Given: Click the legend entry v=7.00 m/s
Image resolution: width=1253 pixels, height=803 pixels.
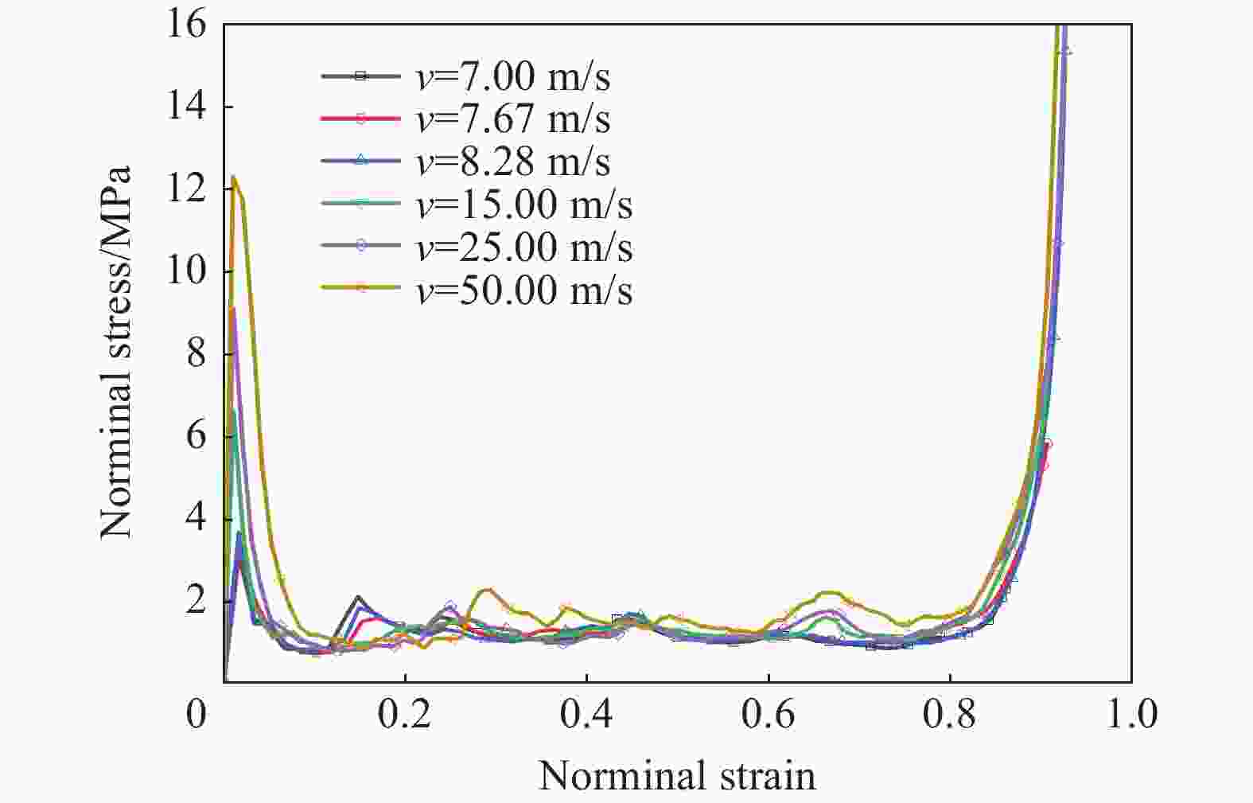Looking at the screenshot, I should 512,77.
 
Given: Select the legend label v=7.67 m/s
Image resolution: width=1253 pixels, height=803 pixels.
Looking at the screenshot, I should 512,119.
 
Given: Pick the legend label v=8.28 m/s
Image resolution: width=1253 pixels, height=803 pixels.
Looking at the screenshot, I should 512,162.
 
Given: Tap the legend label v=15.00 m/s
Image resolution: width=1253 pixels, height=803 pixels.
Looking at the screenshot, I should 523,205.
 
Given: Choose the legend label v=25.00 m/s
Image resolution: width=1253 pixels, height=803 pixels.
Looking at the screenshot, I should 523,248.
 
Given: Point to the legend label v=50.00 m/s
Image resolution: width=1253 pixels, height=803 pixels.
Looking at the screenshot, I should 523,290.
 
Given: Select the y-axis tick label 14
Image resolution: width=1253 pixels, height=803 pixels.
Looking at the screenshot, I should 186,107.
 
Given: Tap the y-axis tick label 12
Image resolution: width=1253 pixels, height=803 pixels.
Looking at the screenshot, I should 186,189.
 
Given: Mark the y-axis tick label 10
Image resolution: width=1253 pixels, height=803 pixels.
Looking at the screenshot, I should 186,271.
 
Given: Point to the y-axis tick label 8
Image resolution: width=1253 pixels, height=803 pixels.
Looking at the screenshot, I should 196,354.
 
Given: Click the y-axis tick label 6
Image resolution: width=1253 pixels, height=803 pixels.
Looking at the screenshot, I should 196,436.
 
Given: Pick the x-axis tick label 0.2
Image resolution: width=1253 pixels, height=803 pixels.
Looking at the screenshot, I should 405,715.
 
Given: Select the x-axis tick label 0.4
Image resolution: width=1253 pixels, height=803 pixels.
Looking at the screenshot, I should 586,715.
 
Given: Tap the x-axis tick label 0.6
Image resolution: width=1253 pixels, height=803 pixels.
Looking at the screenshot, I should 769,715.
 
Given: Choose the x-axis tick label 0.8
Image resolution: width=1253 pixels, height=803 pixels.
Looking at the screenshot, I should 950,715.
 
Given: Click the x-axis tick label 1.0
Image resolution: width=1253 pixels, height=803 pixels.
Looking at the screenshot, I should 1131,715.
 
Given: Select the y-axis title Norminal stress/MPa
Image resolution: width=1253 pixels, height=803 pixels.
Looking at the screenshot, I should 116,352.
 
